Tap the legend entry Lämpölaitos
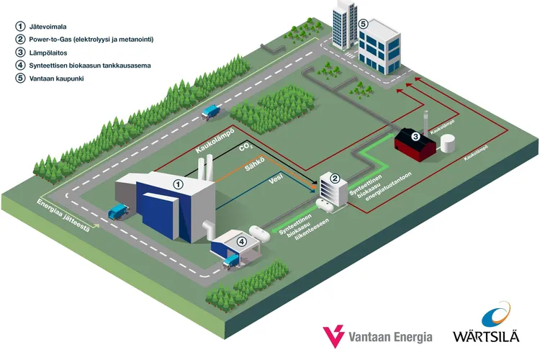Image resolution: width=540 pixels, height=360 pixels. (47, 52)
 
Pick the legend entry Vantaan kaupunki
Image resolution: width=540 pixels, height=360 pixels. (59, 78)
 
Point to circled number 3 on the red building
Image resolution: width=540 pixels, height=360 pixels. (415, 136)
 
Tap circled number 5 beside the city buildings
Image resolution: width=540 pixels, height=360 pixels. (364, 24)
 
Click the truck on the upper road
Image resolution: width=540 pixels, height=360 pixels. (212, 111)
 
